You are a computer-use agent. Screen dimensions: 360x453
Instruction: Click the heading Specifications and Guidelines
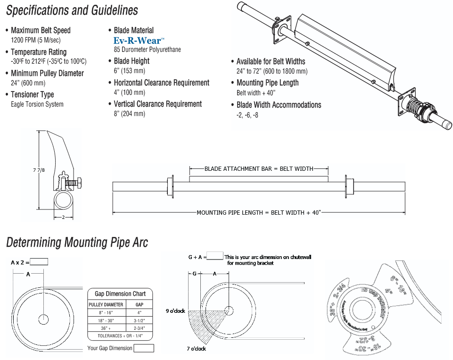tap(72, 10)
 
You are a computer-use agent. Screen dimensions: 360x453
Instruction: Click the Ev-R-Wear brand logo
tap(139, 41)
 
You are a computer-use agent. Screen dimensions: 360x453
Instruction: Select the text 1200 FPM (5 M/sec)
tap(36, 40)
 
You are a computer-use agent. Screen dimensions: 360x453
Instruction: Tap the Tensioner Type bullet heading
tap(32, 94)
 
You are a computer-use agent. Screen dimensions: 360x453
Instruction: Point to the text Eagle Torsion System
tap(37, 104)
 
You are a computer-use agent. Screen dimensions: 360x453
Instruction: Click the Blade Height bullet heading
tap(132, 61)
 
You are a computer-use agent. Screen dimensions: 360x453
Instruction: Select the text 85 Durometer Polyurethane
tap(147, 50)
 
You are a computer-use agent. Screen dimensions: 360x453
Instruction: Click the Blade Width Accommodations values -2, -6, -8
tap(247, 115)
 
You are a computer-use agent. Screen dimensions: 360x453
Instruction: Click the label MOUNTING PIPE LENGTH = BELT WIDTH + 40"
tap(259, 213)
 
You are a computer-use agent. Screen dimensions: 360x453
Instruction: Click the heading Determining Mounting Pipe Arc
tap(77, 243)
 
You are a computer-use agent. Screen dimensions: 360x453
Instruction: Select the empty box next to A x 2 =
tap(39, 262)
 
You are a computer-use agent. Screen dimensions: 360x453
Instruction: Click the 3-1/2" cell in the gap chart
tap(139, 320)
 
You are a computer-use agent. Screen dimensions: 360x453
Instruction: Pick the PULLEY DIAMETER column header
tap(106, 304)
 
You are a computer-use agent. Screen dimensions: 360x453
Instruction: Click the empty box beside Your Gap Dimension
tap(144, 348)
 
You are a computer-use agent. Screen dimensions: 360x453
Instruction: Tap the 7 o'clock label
tap(197, 349)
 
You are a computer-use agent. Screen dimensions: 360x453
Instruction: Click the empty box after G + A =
tap(215, 256)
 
